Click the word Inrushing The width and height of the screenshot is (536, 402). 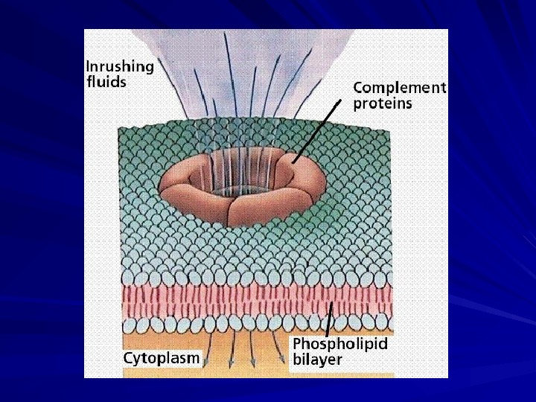[x=120, y=66]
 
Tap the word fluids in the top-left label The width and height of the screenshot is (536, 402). [x=106, y=81]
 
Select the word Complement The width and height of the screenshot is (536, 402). [x=399, y=88]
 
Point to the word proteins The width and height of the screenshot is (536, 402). [x=382, y=103]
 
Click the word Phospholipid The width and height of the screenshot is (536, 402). [x=340, y=344]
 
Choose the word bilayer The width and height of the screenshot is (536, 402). [x=317, y=360]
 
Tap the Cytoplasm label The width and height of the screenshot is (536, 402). [x=162, y=358]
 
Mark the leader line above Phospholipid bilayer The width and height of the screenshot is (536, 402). [x=329, y=320]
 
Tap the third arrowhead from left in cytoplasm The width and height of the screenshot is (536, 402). [x=254, y=364]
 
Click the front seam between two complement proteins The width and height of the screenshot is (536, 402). [x=229, y=212]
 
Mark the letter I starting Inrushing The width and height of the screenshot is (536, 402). [x=89, y=66]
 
